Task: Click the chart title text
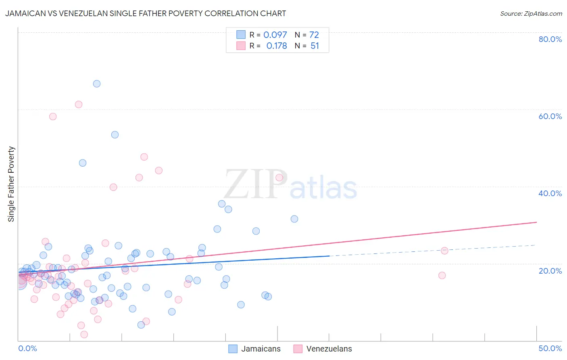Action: point(146,13)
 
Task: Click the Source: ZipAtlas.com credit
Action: point(531,14)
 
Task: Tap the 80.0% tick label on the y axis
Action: point(550,39)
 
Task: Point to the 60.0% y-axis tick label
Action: point(550,116)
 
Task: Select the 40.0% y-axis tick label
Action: point(550,193)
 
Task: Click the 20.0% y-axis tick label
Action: point(550,271)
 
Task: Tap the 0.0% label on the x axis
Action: point(27,348)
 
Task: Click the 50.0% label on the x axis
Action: point(550,348)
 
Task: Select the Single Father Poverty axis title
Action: point(11,184)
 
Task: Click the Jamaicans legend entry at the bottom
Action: point(261,349)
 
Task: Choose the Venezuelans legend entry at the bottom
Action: point(329,349)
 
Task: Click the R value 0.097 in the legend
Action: point(275,35)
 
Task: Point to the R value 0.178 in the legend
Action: point(277,46)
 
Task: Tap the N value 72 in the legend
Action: point(314,35)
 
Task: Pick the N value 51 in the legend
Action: point(315,46)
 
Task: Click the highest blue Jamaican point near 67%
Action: point(97,84)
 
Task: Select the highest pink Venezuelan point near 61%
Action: point(79,105)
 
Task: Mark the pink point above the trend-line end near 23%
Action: point(444,251)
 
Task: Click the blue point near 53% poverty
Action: point(115,135)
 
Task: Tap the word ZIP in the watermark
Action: point(256,185)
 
